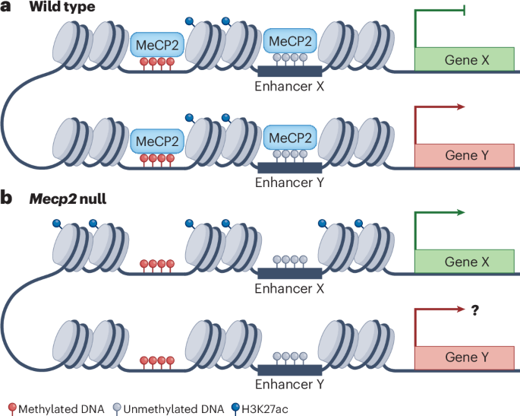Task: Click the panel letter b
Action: pos(8,198)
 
